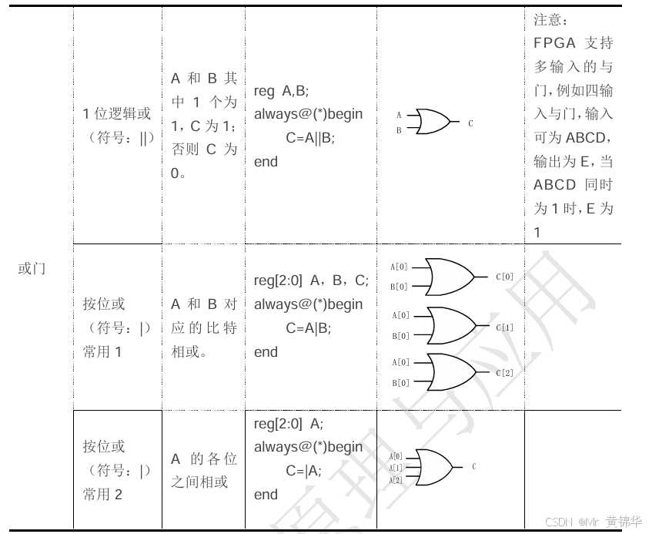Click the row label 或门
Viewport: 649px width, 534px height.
click(32, 269)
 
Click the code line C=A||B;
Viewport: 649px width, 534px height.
click(310, 138)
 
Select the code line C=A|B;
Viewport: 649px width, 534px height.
click(308, 328)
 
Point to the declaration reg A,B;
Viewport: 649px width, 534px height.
click(281, 91)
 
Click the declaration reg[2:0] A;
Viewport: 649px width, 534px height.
click(289, 423)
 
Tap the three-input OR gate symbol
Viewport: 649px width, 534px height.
click(433, 467)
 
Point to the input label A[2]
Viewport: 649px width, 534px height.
click(396, 479)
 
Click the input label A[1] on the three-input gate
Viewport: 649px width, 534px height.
click(396, 468)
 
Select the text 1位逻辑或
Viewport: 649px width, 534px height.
click(117, 114)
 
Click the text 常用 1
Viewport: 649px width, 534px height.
click(102, 352)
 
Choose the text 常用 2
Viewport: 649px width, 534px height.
click(102, 495)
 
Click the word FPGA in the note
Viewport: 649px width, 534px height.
click(554, 42)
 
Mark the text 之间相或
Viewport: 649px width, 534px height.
click(199, 482)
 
